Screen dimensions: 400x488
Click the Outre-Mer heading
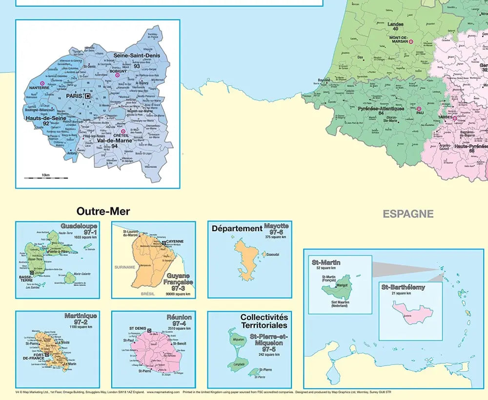[x=103, y=212]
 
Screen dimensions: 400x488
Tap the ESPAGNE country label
[x=408, y=214]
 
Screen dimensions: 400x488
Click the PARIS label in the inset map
[x=75, y=96]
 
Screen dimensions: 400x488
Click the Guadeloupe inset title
[x=79, y=226]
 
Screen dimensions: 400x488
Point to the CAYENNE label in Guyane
[x=175, y=241]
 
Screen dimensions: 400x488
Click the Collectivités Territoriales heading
[x=264, y=321]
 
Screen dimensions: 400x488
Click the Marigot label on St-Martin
[x=341, y=285]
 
